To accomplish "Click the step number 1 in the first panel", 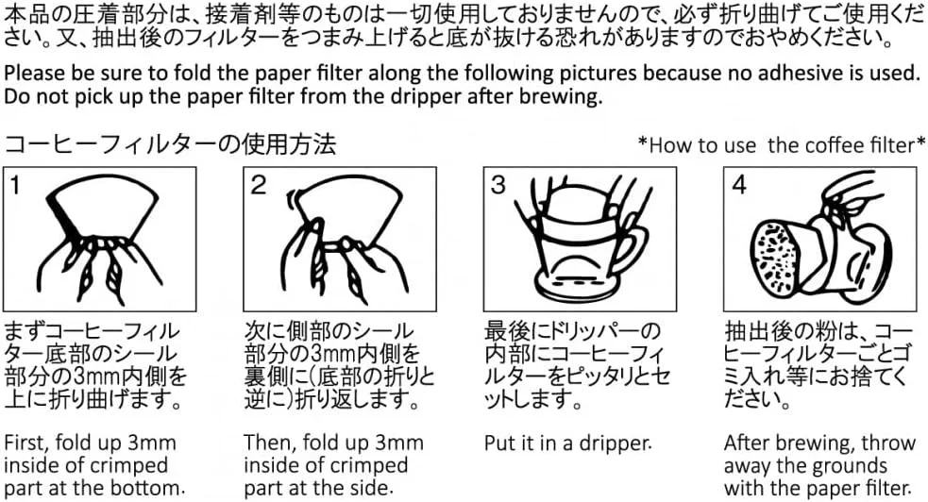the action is [x=15, y=185].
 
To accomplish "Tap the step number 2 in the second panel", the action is [x=258, y=185].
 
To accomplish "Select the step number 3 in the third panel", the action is [x=498, y=185].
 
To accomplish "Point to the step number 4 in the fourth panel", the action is [x=739, y=185].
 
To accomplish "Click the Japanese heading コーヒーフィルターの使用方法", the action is [x=170, y=143].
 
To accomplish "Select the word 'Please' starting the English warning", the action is [x=35, y=74].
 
